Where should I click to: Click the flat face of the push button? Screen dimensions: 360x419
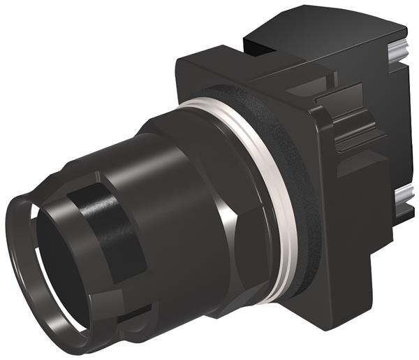click(59, 266)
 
